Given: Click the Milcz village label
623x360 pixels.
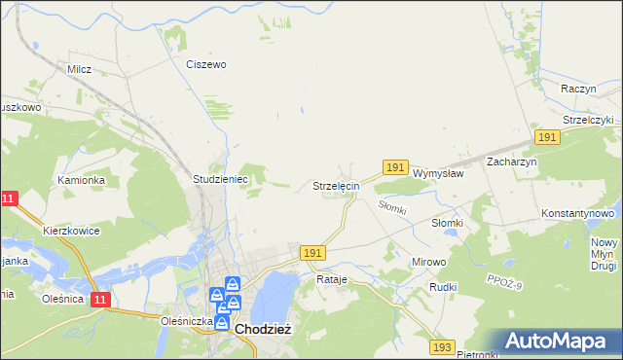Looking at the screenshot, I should (79, 69).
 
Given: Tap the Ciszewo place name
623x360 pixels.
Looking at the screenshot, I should (206, 64).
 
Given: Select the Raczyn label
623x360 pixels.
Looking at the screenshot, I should (578, 88).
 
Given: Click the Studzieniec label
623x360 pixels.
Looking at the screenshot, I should (222, 180).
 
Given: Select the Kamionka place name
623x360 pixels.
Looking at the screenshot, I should (81, 180).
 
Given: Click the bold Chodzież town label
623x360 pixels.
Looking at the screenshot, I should (262, 330).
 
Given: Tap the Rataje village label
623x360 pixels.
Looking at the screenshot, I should (332, 279).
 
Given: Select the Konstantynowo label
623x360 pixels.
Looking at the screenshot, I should (578, 212).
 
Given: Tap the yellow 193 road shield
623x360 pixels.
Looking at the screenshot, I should (443, 346).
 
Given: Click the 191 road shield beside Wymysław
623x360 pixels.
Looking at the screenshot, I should (394, 168).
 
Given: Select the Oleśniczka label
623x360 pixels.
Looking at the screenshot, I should (188, 319).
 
